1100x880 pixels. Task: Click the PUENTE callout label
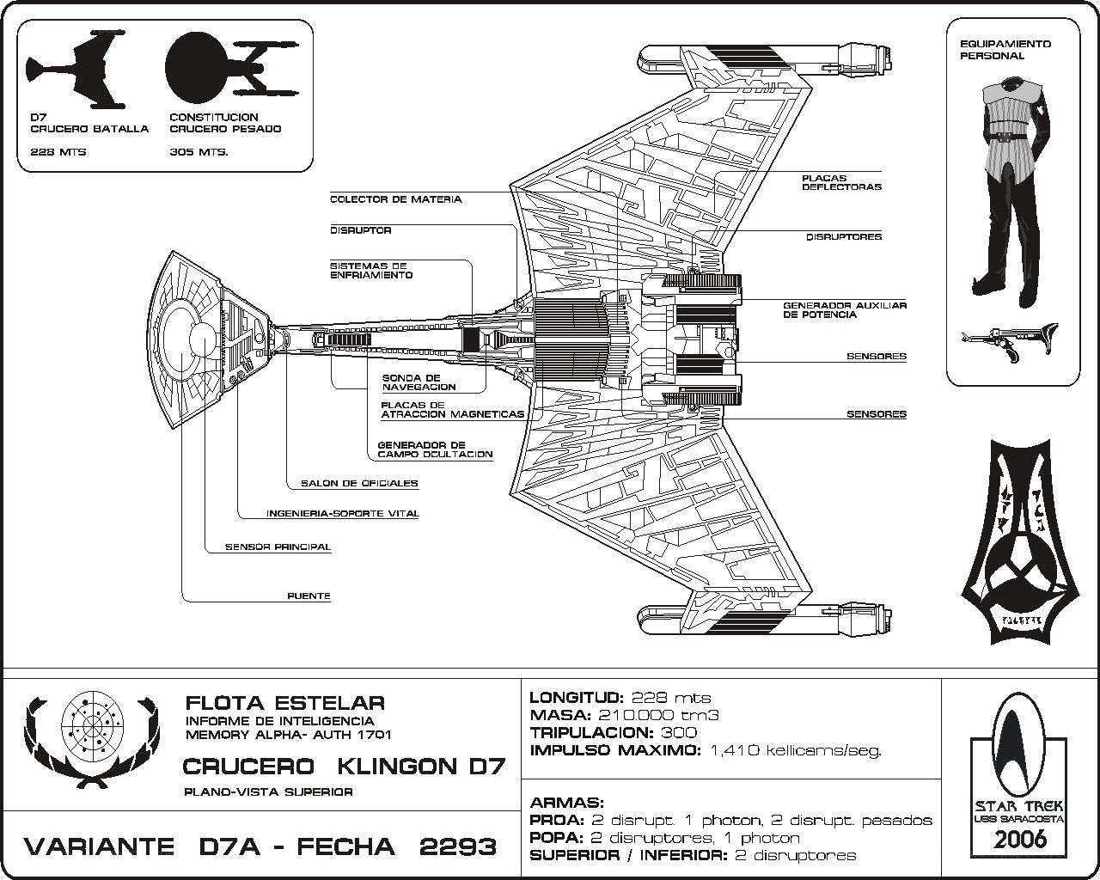pos(309,596)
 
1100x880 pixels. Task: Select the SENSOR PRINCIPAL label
pos(278,547)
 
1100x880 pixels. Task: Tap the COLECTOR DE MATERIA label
pos(396,199)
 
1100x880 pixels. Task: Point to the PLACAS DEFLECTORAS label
pos(842,182)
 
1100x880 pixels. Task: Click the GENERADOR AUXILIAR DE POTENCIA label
pos(845,310)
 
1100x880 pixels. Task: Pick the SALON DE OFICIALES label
pos(359,483)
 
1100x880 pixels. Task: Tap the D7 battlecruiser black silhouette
pos(76,69)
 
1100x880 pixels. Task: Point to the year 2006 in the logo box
pos(1018,840)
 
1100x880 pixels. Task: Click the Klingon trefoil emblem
pos(1019,542)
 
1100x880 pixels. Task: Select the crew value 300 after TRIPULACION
pos(679,732)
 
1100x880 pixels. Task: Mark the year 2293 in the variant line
pos(458,847)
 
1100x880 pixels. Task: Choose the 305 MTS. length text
pos(199,152)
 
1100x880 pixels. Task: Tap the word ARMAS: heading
pos(567,803)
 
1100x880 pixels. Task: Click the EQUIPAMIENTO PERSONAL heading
pos(1005,50)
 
